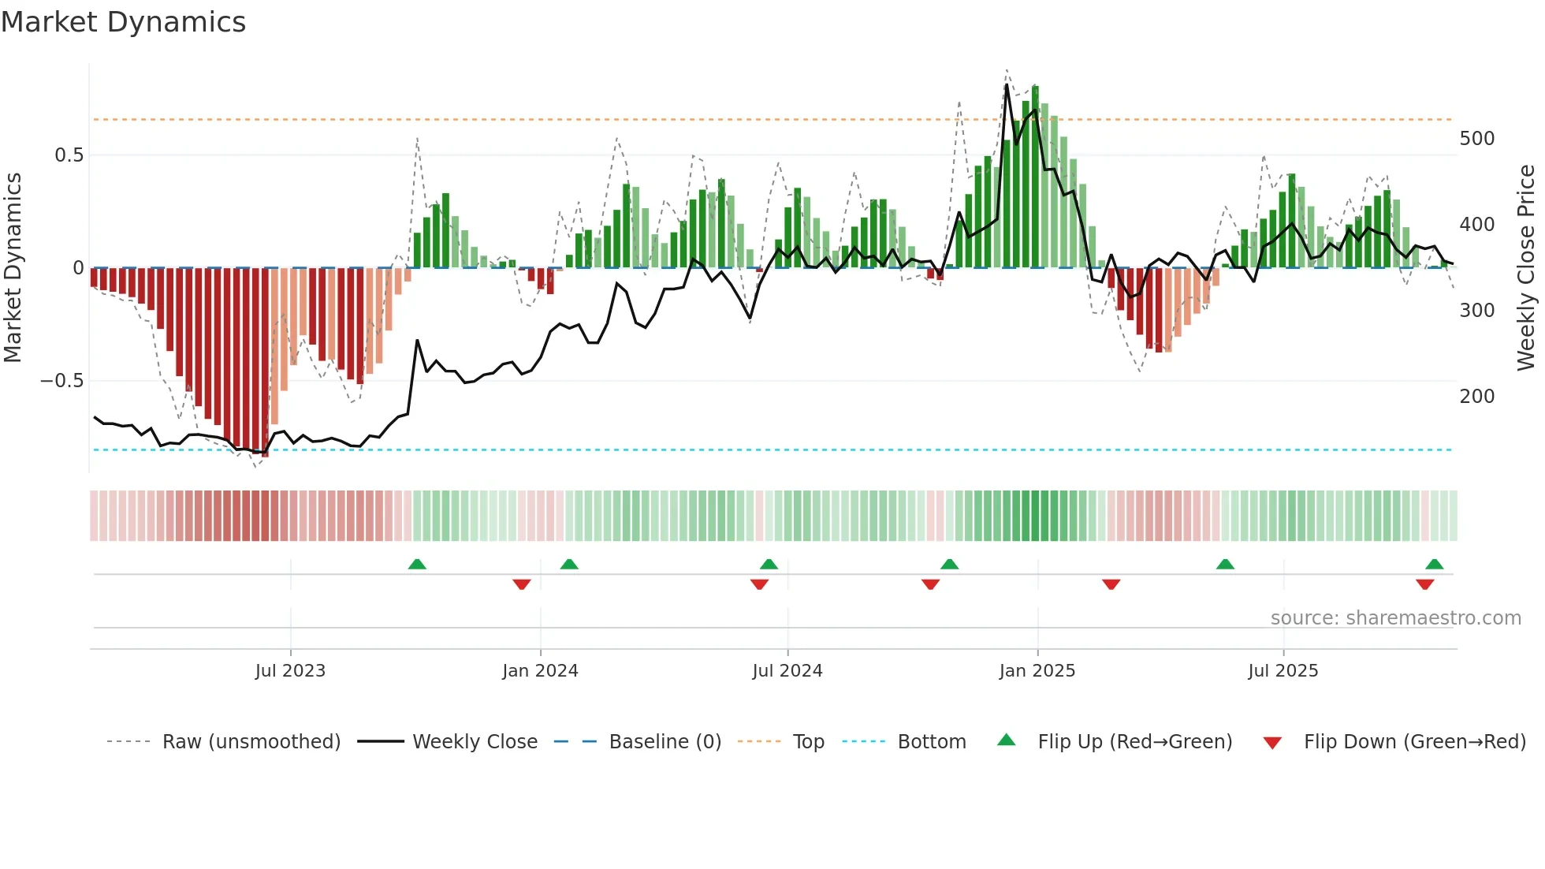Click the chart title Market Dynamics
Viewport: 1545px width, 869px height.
123,22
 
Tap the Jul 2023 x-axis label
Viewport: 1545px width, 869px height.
290,671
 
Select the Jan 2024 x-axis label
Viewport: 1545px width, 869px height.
540,671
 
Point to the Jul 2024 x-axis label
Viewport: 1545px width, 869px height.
787,671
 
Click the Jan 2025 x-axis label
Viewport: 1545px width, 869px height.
1037,671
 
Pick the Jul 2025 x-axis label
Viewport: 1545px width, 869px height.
1283,671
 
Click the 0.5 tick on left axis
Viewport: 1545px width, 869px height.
69,155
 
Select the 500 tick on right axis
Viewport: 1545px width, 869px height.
1476,139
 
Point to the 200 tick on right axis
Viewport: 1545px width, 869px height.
1476,397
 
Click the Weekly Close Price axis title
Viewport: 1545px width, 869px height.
1526,268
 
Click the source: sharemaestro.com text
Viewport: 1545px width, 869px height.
1395,618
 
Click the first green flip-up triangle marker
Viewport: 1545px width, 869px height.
417,564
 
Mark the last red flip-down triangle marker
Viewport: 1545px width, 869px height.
1424,584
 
